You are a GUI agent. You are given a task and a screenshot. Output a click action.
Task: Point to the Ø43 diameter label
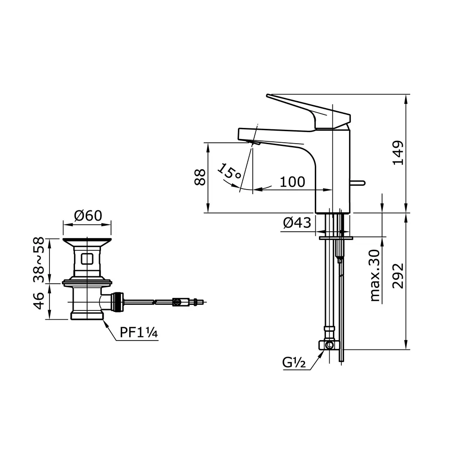pos(296,223)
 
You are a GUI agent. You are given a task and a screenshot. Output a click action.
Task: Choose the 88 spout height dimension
pos(200,177)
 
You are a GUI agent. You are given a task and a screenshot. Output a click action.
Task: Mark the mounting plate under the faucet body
pos(336,238)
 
